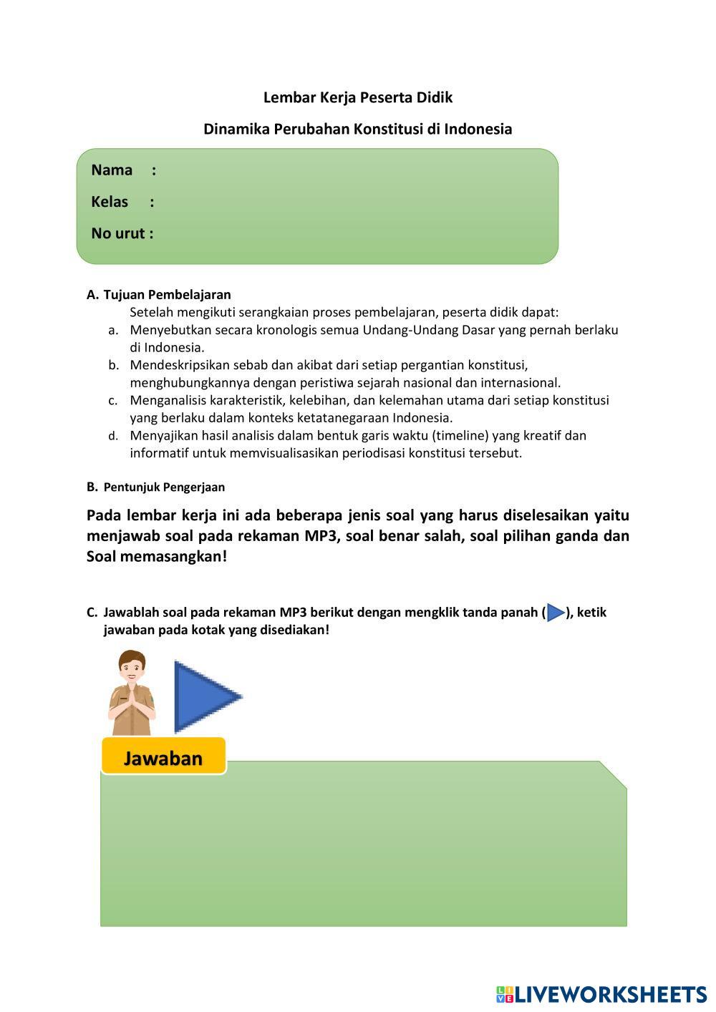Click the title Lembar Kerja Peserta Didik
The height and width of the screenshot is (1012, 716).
[x=357, y=97]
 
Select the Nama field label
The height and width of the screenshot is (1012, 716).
[x=112, y=170]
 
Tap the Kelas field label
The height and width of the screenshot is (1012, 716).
[x=110, y=202]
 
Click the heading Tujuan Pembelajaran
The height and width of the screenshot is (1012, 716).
[x=167, y=295]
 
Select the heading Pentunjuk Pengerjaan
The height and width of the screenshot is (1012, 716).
[x=164, y=487]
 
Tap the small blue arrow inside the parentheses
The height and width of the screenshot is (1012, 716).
[x=556, y=613]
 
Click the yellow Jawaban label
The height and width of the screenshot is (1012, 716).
[x=163, y=758]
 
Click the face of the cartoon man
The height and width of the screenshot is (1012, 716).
[x=132, y=669]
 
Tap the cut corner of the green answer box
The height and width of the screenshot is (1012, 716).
[x=613, y=775]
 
